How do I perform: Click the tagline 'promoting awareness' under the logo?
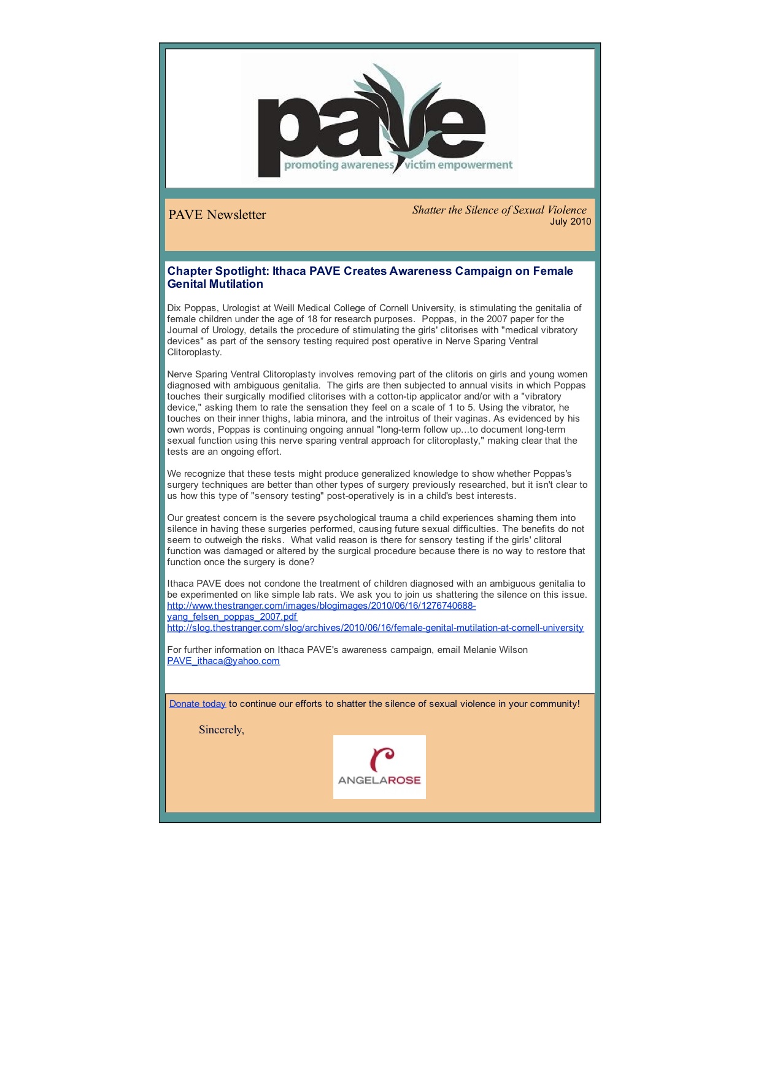click(x=338, y=165)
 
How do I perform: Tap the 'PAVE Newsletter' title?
click(x=217, y=215)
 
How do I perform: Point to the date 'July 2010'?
click(x=570, y=222)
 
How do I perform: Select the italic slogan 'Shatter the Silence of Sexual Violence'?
click(x=499, y=210)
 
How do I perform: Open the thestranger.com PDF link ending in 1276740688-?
click(x=321, y=606)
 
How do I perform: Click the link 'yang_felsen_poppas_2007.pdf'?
click(x=232, y=617)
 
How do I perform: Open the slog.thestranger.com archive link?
click(x=375, y=628)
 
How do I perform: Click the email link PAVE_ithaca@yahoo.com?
click(x=223, y=661)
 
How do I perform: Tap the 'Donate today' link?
click(x=197, y=704)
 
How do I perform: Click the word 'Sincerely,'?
click(x=222, y=730)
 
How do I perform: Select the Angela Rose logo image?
click(x=379, y=767)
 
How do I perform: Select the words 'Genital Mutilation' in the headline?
click(x=215, y=284)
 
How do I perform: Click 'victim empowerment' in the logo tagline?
click(x=458, y=165)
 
